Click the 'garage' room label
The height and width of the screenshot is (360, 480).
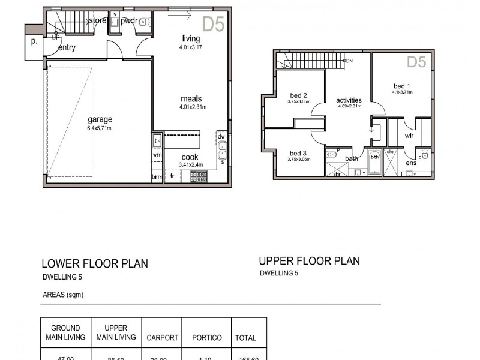tap(100, 119)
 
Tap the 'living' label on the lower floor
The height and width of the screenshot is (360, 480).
tap(191, 39)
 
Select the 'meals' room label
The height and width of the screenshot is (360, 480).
tap(191, 99)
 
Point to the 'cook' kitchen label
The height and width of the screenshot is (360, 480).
tap(190, 157)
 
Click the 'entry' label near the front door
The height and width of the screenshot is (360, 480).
tap(67, 48)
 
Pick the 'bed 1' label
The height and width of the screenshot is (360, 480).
tap(401, 85)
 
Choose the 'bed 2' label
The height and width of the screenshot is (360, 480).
tap(298, 95)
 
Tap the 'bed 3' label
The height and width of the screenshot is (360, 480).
tap(298, 153)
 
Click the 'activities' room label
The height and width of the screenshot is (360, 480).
tap(349, 100)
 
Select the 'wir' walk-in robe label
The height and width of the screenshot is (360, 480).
tap(409, 136)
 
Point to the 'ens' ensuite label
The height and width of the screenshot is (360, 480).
tap(411, 163)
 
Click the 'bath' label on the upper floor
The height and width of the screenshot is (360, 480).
tap(352, 158)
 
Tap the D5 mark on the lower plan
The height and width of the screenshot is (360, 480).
tap(213, 24)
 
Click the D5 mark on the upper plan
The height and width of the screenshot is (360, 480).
tap(416, 62)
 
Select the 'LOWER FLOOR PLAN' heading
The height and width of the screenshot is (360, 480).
tap(95, 263)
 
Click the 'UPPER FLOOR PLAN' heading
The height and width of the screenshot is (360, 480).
tap(309, 261)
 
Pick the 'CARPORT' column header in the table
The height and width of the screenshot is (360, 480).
tap(163, 338)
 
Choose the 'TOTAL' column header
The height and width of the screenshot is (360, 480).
tap(246, 338)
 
